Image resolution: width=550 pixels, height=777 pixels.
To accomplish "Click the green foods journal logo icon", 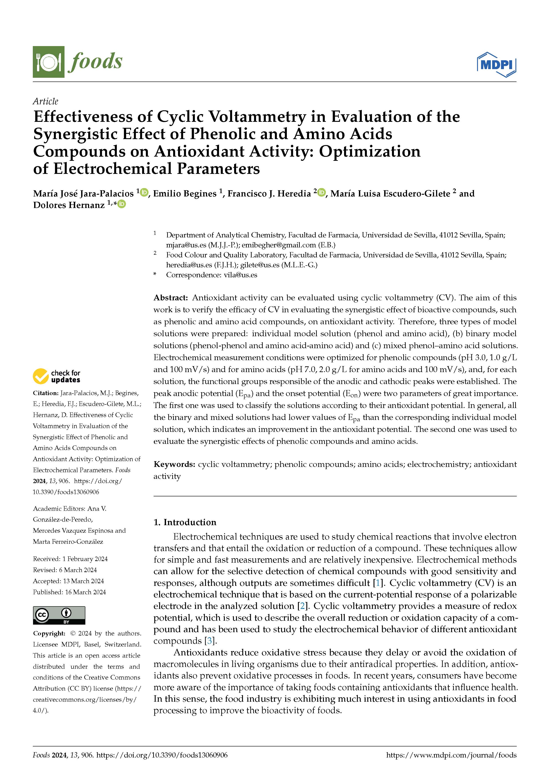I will point(48,62).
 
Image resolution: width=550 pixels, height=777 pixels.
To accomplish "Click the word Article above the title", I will point(45,101).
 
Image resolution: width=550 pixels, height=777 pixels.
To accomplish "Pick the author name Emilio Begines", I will point(185,194).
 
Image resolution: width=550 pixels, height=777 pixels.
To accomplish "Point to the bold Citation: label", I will point(46,393).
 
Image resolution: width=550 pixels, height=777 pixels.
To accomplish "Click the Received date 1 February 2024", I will point(85,559).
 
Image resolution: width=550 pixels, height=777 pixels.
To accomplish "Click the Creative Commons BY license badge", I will point(59,615).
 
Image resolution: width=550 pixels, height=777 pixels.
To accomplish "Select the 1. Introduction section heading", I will point(185,522).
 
